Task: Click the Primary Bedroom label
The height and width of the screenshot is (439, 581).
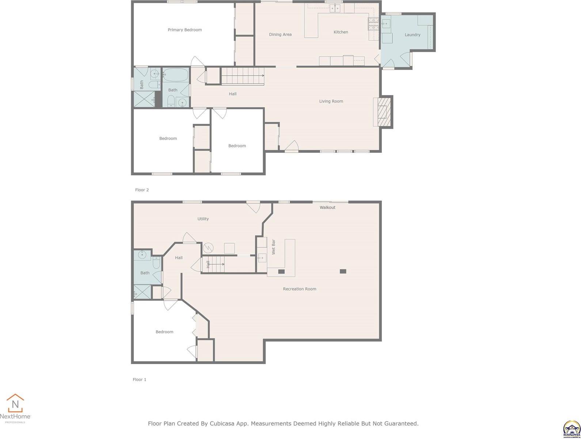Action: [x=185, y=30]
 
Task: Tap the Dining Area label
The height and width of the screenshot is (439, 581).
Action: [x=280, y=35]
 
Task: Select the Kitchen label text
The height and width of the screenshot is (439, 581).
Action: [x=341, y=32]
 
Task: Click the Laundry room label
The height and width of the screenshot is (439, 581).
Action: [x=412, y=35]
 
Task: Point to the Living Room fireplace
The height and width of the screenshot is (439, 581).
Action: [x=383, y=112]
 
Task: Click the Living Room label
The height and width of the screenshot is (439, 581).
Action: [x=331, y=101]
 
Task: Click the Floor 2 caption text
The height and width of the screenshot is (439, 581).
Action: [x=142, y=190]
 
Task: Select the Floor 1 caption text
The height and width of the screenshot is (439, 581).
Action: [x=139, y=380]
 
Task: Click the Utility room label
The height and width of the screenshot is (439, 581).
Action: [x=203, y=219]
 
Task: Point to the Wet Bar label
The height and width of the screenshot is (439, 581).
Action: [x=273, y=247]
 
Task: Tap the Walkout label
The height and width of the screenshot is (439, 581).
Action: [x=327, y=207]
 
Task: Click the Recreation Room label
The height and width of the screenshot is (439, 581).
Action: [x=300, y=289]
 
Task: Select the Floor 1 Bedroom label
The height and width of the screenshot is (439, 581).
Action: [x=164, y=332]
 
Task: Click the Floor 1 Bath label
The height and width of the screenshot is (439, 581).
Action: [x=145, y=273]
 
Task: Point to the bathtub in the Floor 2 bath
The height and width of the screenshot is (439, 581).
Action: [x=175, y=76]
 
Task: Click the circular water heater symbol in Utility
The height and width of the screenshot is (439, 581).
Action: [x=208, y=248]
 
